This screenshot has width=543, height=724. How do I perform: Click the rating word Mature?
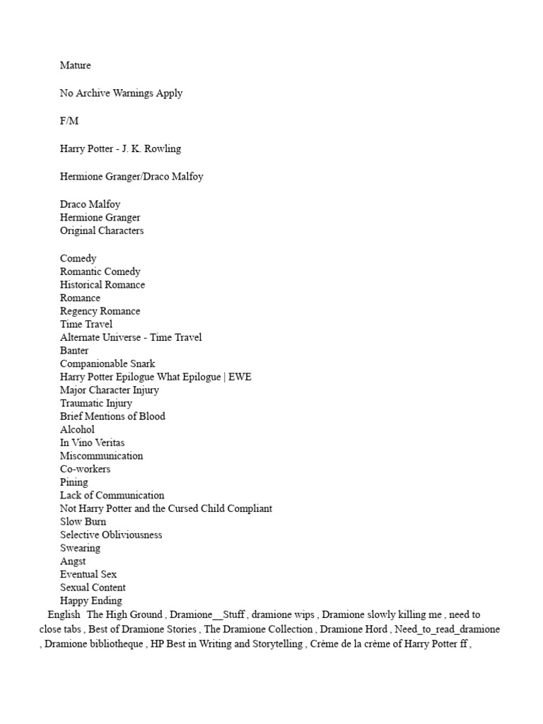tap(76, 66)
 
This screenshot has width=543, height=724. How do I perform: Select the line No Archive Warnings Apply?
tap(121, 93)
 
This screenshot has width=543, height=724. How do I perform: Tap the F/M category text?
tap(69, 121)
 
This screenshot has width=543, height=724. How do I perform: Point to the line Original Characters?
tap(102, 231)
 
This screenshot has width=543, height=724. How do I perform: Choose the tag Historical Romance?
tap(103, 285)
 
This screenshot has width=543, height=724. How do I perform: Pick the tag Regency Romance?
tap(100, 311)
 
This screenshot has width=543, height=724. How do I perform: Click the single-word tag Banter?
tap(74, 351)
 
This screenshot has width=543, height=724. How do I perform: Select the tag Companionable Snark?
tap(107, 363)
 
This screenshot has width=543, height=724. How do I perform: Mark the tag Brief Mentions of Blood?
tap(112, 416)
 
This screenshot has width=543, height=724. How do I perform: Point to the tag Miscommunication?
tap(101, 456)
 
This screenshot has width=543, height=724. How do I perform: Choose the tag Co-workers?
tap(85, 469)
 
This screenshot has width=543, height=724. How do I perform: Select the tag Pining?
tap(74, 482)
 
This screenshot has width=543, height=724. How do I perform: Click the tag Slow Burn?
tap(83, 522)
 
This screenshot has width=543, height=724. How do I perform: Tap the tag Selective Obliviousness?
tap(111, 535)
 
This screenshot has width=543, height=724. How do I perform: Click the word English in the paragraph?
tap(64, 615)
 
